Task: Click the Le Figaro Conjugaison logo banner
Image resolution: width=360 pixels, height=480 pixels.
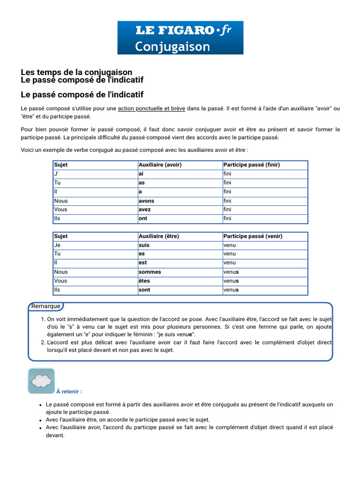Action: tap(180, 37)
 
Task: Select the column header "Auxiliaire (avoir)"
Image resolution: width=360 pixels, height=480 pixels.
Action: tap(160, 165)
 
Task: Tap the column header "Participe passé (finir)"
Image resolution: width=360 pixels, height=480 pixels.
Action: tap(251, 165)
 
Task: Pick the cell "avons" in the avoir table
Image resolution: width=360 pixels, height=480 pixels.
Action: tap(146, 201)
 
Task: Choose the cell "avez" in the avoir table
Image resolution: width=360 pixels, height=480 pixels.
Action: tap(144, 210)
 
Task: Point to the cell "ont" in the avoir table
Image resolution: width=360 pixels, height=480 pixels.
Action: tap(142, 218)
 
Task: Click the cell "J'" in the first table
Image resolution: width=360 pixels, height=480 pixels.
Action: tap(57, 174)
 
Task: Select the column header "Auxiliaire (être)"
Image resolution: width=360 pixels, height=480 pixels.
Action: tap(159, 236)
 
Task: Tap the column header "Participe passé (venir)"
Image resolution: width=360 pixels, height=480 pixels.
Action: tap(253, 236)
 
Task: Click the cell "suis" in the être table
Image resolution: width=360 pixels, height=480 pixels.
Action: tap(143, 245)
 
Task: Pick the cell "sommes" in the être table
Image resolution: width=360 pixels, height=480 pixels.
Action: tap(150, 272)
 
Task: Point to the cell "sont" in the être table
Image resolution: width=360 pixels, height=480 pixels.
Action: tap(144, 290)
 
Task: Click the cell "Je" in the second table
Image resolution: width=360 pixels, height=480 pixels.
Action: tap(57, 245)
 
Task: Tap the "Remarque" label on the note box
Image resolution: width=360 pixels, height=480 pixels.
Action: tap(46, 307)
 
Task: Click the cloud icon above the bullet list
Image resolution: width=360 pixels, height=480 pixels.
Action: tap(42, 381)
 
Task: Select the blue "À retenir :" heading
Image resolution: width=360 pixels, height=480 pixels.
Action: tap(69, 391)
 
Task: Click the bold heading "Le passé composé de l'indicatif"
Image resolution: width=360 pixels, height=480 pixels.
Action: tap(82, 95)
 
